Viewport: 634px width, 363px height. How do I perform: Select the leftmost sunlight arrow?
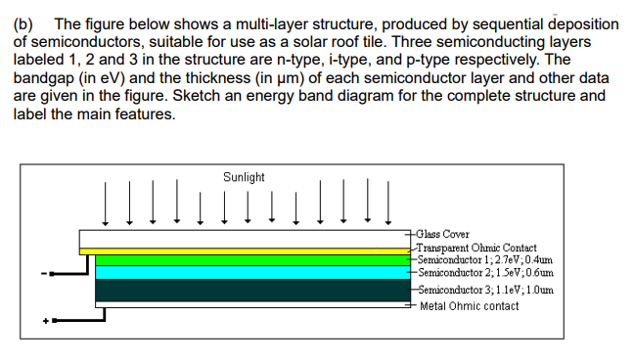(x=104, y=203)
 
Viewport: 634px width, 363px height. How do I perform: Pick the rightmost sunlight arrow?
(x=388, y=203)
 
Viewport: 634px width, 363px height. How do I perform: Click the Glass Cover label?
(x=442, y=235)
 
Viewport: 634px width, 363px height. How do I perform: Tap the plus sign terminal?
(x=44, y=320)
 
